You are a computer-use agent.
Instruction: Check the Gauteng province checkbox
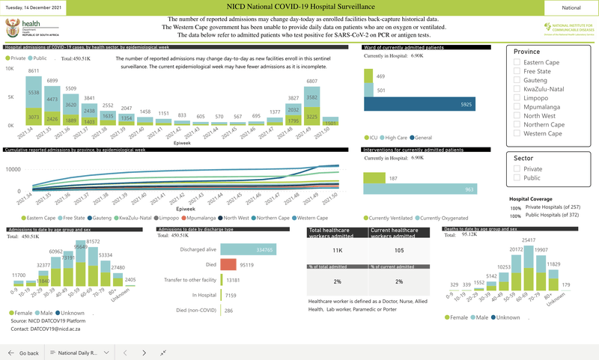517,80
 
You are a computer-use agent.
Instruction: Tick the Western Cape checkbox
517,134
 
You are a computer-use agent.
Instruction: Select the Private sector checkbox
517,169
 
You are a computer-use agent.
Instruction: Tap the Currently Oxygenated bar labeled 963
420,189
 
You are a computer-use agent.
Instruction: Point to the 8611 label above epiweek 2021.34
33,71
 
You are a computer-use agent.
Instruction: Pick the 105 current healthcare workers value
398,251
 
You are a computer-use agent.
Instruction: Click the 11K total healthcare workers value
337,251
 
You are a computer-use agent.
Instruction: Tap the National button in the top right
571,7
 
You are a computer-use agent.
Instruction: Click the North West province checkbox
517,116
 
